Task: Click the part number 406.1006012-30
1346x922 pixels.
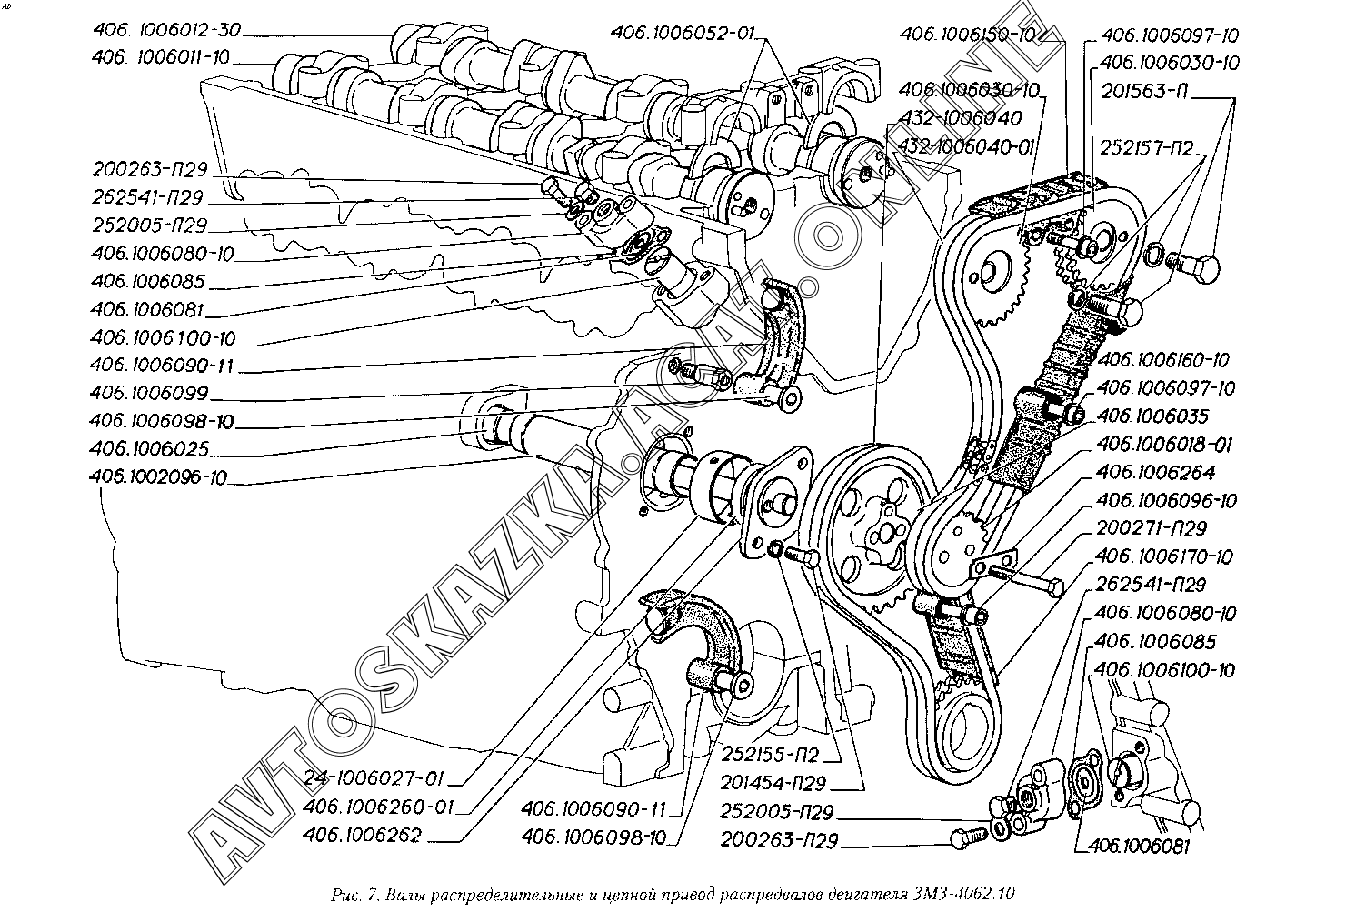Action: [x=166, y=30]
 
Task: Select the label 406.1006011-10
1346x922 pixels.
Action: [x=161, y=58]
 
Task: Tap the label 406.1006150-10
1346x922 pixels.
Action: [x=968, y=35]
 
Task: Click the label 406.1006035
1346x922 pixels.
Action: [x=1152, y=416]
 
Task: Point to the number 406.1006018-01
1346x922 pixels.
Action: [x=1164, y=445]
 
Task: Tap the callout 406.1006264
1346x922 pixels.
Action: [x=1155, y=473]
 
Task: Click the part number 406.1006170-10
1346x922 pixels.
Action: [x=1164, y=557]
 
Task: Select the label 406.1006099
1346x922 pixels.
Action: [x=149, y=394]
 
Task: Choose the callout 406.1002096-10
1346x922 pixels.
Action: [x=159, y=476]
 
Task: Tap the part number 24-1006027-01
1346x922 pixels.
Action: [x=374, y=778]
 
